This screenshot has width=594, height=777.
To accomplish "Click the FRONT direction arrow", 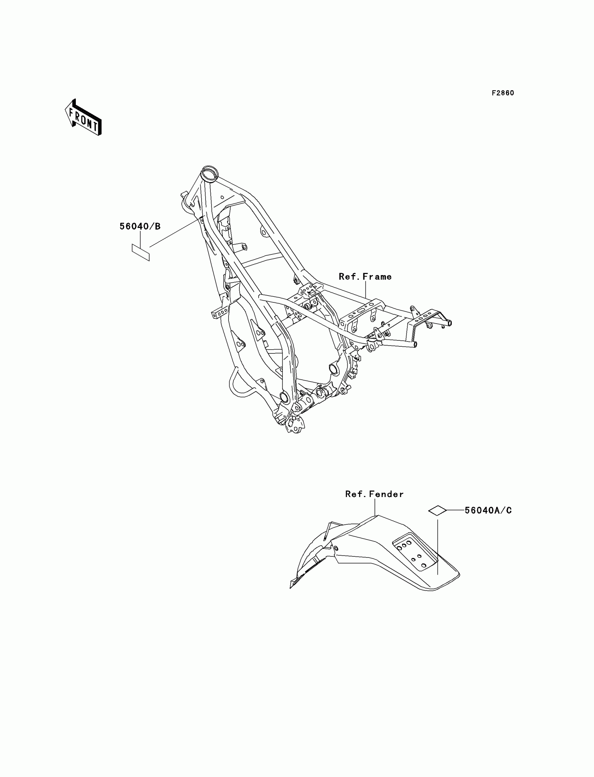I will [84, 118].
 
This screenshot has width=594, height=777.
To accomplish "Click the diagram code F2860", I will [503, 93].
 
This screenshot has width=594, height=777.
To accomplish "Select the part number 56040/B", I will [140, 226].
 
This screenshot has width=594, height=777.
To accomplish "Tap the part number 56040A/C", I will [488, 510].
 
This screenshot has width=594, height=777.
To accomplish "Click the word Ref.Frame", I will [365, 276].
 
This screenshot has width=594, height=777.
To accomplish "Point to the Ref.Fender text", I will [375, 494].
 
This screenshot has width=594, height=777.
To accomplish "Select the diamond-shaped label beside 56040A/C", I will [437, 510].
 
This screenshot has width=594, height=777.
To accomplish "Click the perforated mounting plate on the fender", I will [414, 554].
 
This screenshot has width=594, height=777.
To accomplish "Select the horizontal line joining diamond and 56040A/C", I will [455, 510].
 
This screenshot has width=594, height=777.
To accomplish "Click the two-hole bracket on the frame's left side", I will [219, 313].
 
